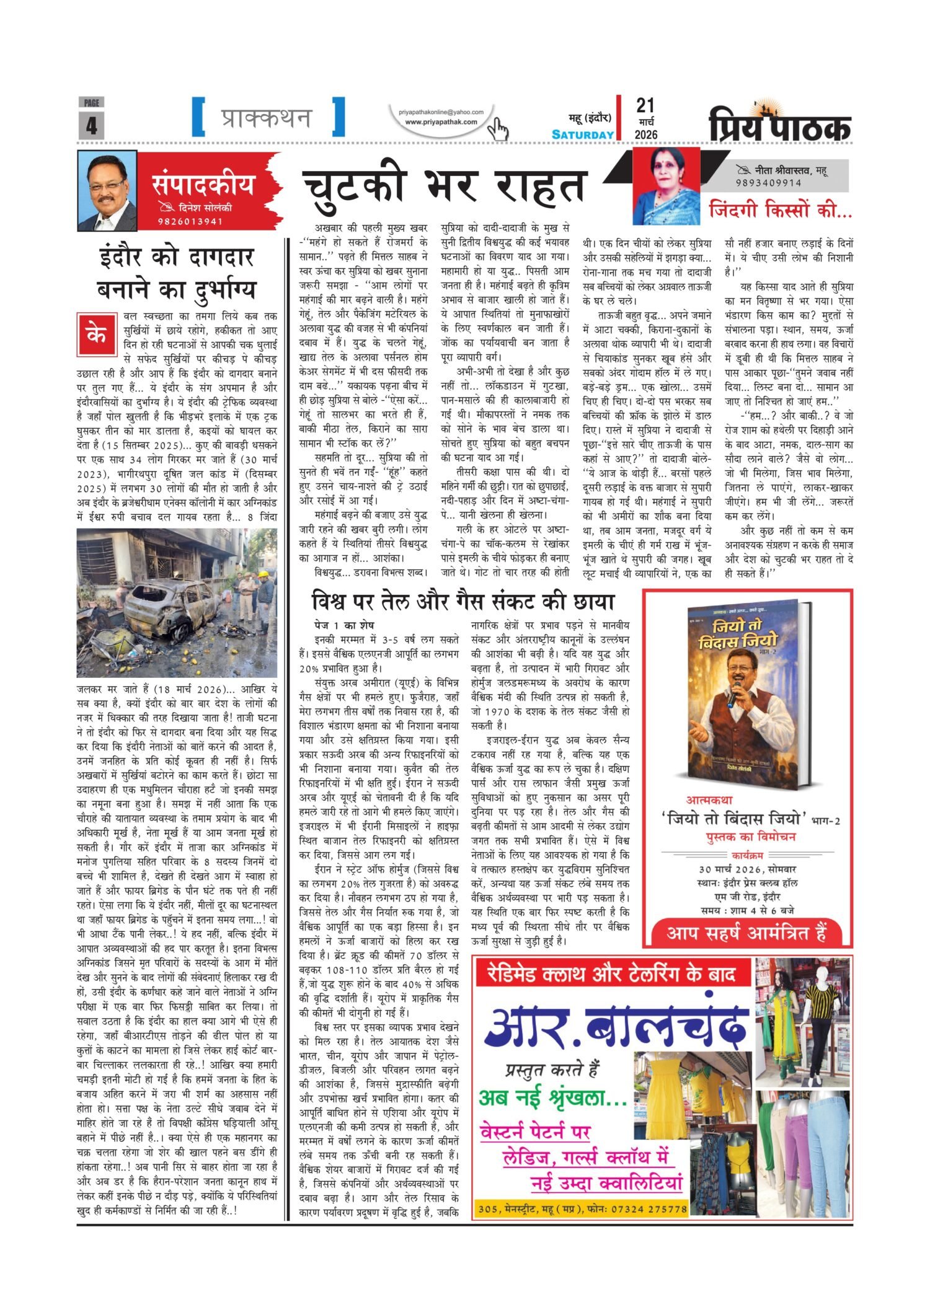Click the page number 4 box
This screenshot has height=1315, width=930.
pos(91,125)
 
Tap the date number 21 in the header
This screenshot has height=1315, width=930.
pos(645,106)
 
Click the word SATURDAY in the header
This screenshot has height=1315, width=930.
pos(583,134)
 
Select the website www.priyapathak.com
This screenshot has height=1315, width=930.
pos(441,122)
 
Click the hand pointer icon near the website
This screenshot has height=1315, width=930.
pos(497,130)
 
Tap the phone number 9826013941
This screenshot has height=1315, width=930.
pos(190,221)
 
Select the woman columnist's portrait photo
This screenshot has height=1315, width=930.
pos(666,186)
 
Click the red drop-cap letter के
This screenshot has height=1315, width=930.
pos(96,335)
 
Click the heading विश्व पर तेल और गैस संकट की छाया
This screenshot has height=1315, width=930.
pos(463,602)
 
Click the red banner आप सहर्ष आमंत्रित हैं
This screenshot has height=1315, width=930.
pos(746,933)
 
